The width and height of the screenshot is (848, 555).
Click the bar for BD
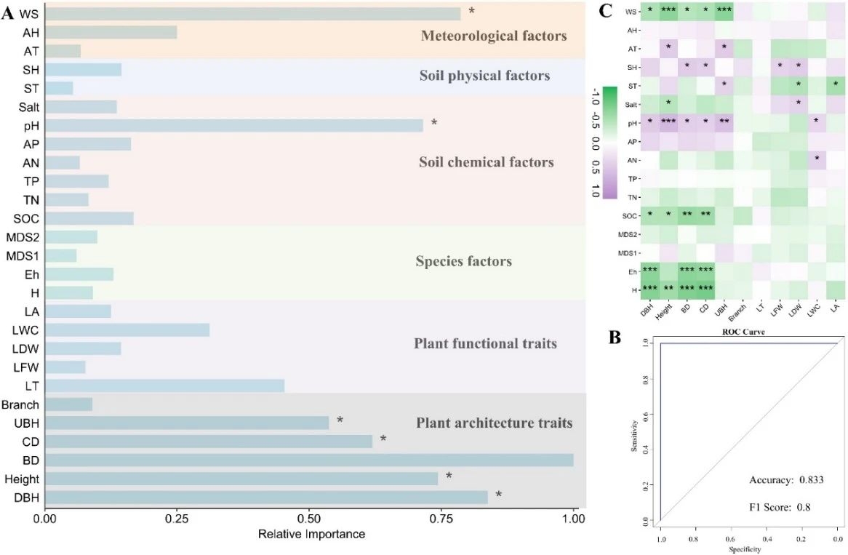pos(309,460)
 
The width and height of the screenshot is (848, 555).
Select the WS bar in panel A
pos(252,14)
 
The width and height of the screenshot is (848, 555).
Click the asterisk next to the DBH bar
pos(499,495)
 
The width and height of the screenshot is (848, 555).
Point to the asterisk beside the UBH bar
pos(340,421)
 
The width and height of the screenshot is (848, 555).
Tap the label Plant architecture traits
pos(494,423)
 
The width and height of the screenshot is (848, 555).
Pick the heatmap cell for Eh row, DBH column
pos(650,271)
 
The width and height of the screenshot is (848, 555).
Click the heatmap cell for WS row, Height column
pos(668,12)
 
